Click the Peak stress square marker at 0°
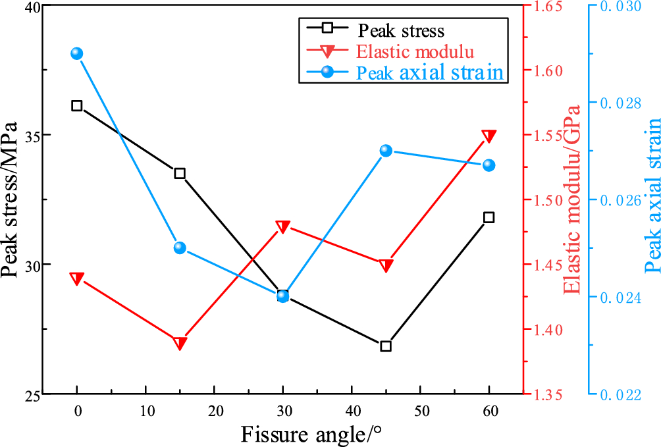coord(77,105)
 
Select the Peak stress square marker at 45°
coord(386,346)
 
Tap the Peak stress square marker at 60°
coord(489,217)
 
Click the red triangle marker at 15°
coord(180,343)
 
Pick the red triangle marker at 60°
coord(489,136)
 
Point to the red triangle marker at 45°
coord(386,265)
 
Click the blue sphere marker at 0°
coord(77,53)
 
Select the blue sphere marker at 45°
coord(386,151)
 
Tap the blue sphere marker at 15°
coord(180,248)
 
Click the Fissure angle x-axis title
coord(311,434)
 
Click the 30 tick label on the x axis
coord(282,411)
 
